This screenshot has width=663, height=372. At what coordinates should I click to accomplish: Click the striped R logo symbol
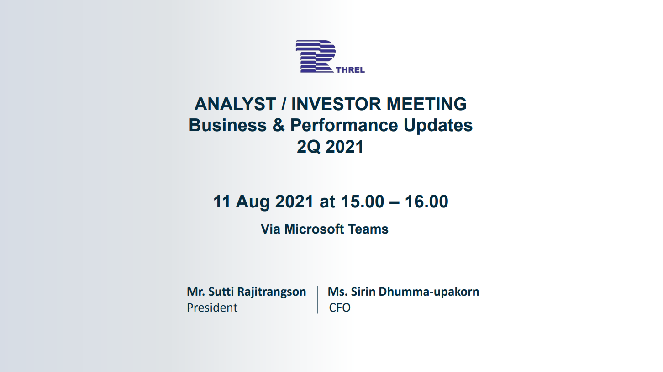coord(316,56)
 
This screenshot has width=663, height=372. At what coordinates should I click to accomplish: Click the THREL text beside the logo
coord(350,70)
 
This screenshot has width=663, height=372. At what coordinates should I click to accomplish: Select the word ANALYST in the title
coord(235,104)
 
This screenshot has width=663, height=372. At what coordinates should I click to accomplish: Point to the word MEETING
coord(427,104)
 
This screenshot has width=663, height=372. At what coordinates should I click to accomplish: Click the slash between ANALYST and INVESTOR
coord(284,104)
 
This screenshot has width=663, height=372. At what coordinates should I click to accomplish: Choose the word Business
coord(227,125)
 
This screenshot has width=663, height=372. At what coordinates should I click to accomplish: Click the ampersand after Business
coord(279,125)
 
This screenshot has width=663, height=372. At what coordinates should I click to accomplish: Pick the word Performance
coord(344,125)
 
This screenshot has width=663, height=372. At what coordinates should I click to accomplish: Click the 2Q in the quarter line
coord(308,147)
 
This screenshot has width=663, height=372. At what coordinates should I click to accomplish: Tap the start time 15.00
coord(362,202)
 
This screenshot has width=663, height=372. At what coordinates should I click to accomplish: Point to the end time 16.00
coord(426,202)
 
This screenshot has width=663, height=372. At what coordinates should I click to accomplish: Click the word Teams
coord(368,229)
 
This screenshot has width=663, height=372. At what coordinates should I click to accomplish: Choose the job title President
coord(212,308)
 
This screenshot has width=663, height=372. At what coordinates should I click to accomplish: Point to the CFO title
coord(340,308)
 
